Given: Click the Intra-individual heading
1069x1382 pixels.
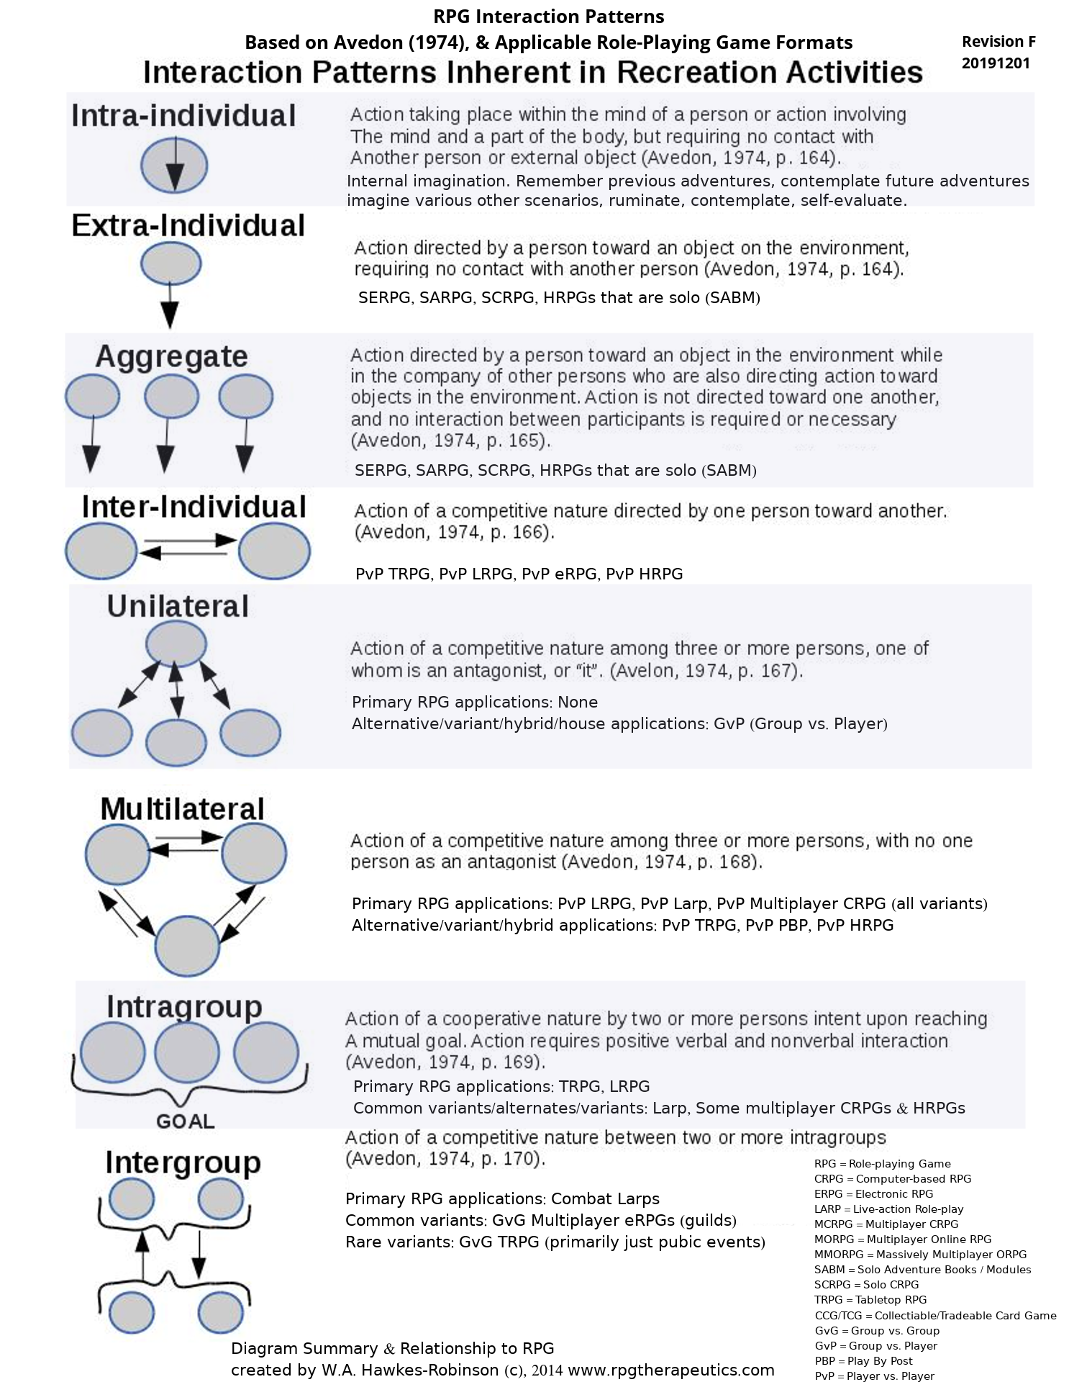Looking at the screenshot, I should click(x=183, y=116).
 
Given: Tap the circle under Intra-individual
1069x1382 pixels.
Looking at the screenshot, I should click(x=174, y=165).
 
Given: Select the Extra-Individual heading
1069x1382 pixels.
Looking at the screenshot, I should click(x=188, y=226).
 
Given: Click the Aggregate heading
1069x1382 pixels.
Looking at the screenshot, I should click(x=172, y=356).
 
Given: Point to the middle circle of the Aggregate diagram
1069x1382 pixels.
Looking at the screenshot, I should click(x=171, y=397).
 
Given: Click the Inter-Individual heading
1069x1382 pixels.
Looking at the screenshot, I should click(x=194, y=507).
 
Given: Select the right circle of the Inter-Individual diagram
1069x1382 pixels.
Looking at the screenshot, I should click(x=274, y=552).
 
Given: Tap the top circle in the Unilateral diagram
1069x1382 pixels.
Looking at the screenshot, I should click(x=176, y=643).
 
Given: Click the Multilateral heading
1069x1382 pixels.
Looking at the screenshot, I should click(x=183, y=808).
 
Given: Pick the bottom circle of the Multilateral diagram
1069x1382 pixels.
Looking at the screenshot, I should click(x=188, y=947).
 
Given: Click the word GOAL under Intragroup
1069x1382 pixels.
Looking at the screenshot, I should click(x=186, y=1121).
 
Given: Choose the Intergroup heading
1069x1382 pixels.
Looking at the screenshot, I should click(x=183, y=1162).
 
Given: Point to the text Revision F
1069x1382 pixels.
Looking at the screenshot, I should click(x=999, y=42).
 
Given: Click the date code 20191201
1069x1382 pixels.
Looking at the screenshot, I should click(x=996, y=63).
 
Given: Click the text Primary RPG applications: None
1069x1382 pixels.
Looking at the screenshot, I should click(x=475, y=702).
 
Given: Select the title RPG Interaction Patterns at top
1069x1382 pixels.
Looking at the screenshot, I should click(x=548, y=17).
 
